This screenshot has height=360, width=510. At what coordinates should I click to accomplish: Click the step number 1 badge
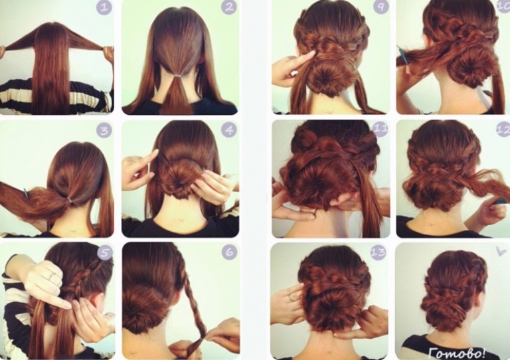coord(104,7)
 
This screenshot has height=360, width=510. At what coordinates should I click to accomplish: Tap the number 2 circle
coord(229,7)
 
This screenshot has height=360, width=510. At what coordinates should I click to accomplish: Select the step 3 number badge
coord(104,131)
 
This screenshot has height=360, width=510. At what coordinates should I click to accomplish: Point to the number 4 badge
coord(229,130)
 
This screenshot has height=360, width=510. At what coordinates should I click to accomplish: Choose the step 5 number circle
coord(105,252)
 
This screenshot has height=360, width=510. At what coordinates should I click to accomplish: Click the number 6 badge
coord(229,252)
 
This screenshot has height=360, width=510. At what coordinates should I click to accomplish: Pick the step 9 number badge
coord(381,7)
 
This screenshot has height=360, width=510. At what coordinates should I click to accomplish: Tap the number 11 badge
coord(381,130)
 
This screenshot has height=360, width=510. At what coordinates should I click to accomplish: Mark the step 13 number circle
coord(378,252)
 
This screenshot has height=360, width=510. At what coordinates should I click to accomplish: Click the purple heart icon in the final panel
coord(501,250)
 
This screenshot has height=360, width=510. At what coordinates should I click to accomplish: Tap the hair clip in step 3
coord(25,193)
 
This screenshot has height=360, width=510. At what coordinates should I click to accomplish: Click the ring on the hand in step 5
coord(52,276)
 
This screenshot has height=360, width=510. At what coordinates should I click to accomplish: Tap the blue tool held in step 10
coord(400,53)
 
